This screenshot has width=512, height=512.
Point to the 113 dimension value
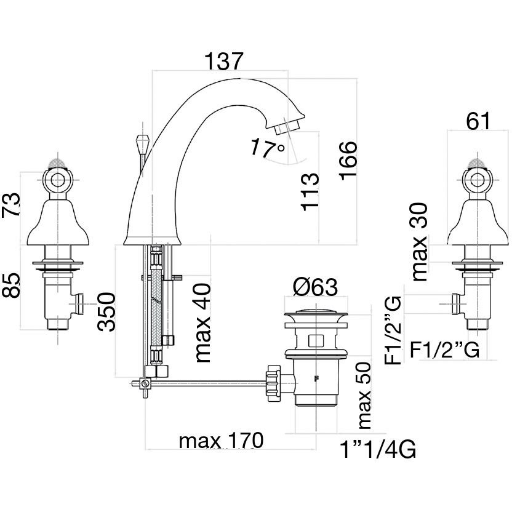click(x=310, y=193)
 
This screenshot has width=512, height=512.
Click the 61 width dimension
click(x=478, y=121)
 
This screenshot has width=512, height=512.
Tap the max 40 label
click(x=202, y=322)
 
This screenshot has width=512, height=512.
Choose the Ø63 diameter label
click(x=316, y=288)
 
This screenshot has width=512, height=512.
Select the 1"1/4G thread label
click(x=378, y=451)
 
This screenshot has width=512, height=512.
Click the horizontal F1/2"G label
click(x=445, y=350)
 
